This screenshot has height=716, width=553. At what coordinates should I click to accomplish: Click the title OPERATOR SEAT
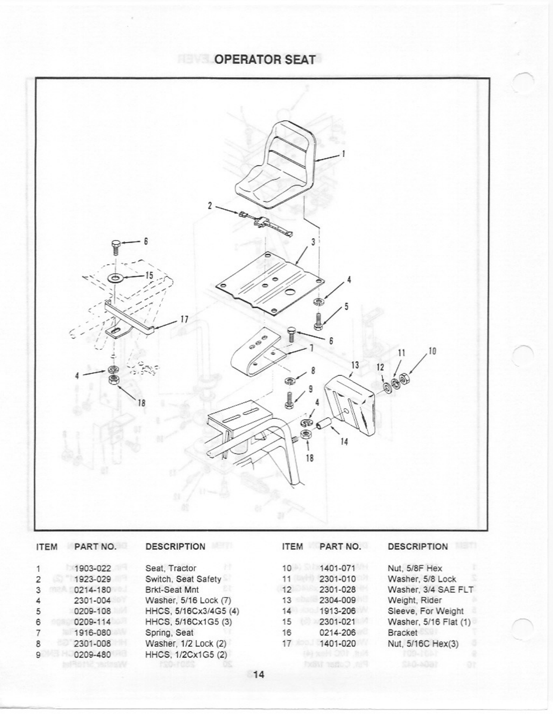[x=264, y=60]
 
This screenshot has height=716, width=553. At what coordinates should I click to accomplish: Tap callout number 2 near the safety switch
[x=210, y=205]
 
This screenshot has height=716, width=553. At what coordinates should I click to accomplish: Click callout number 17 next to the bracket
[x=184, y=319]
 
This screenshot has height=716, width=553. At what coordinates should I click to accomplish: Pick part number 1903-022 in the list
[x=93, y=568]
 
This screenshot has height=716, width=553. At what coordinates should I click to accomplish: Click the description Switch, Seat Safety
[x=183, y=579]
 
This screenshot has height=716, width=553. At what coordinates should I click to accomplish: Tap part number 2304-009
[x=337, y=600]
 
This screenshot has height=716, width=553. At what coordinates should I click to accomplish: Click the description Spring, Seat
[x=169, y=632]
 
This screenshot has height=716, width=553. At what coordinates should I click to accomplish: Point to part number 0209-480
[x=93, y=654]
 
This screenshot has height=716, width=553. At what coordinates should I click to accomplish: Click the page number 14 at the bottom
[x=258, y=675]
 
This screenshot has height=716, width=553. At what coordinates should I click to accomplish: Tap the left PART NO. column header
[x=95, y=546]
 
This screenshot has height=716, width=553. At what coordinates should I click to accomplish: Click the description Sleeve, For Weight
[x=426, y=611]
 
